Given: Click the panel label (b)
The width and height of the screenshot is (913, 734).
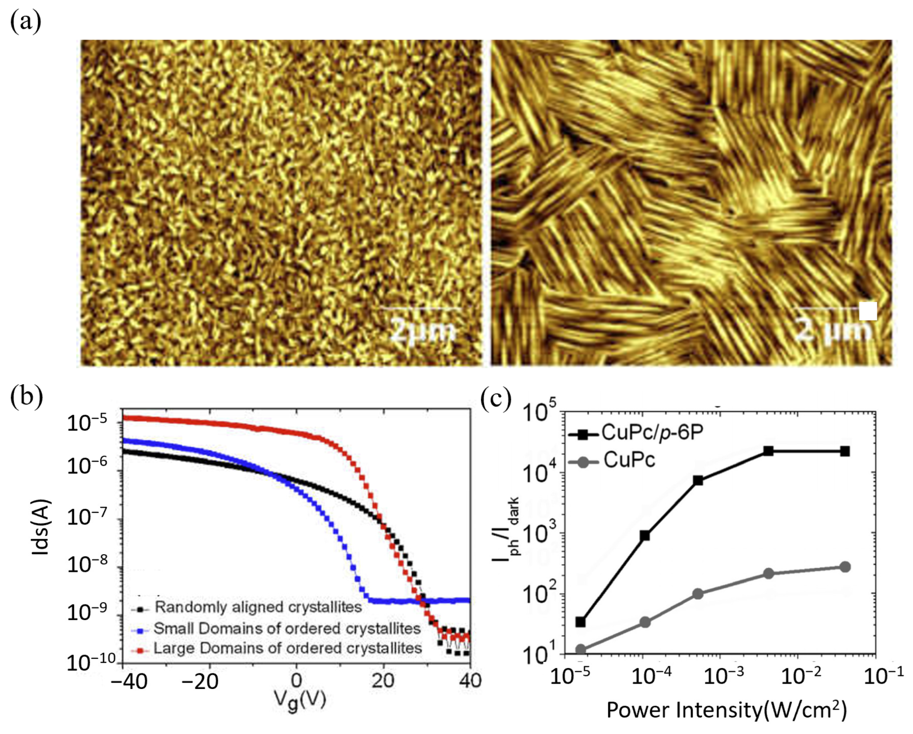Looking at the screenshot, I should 26,397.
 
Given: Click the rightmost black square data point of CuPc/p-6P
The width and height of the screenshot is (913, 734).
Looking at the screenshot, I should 845,451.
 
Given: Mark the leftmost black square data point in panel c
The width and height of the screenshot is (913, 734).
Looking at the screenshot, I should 581,622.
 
